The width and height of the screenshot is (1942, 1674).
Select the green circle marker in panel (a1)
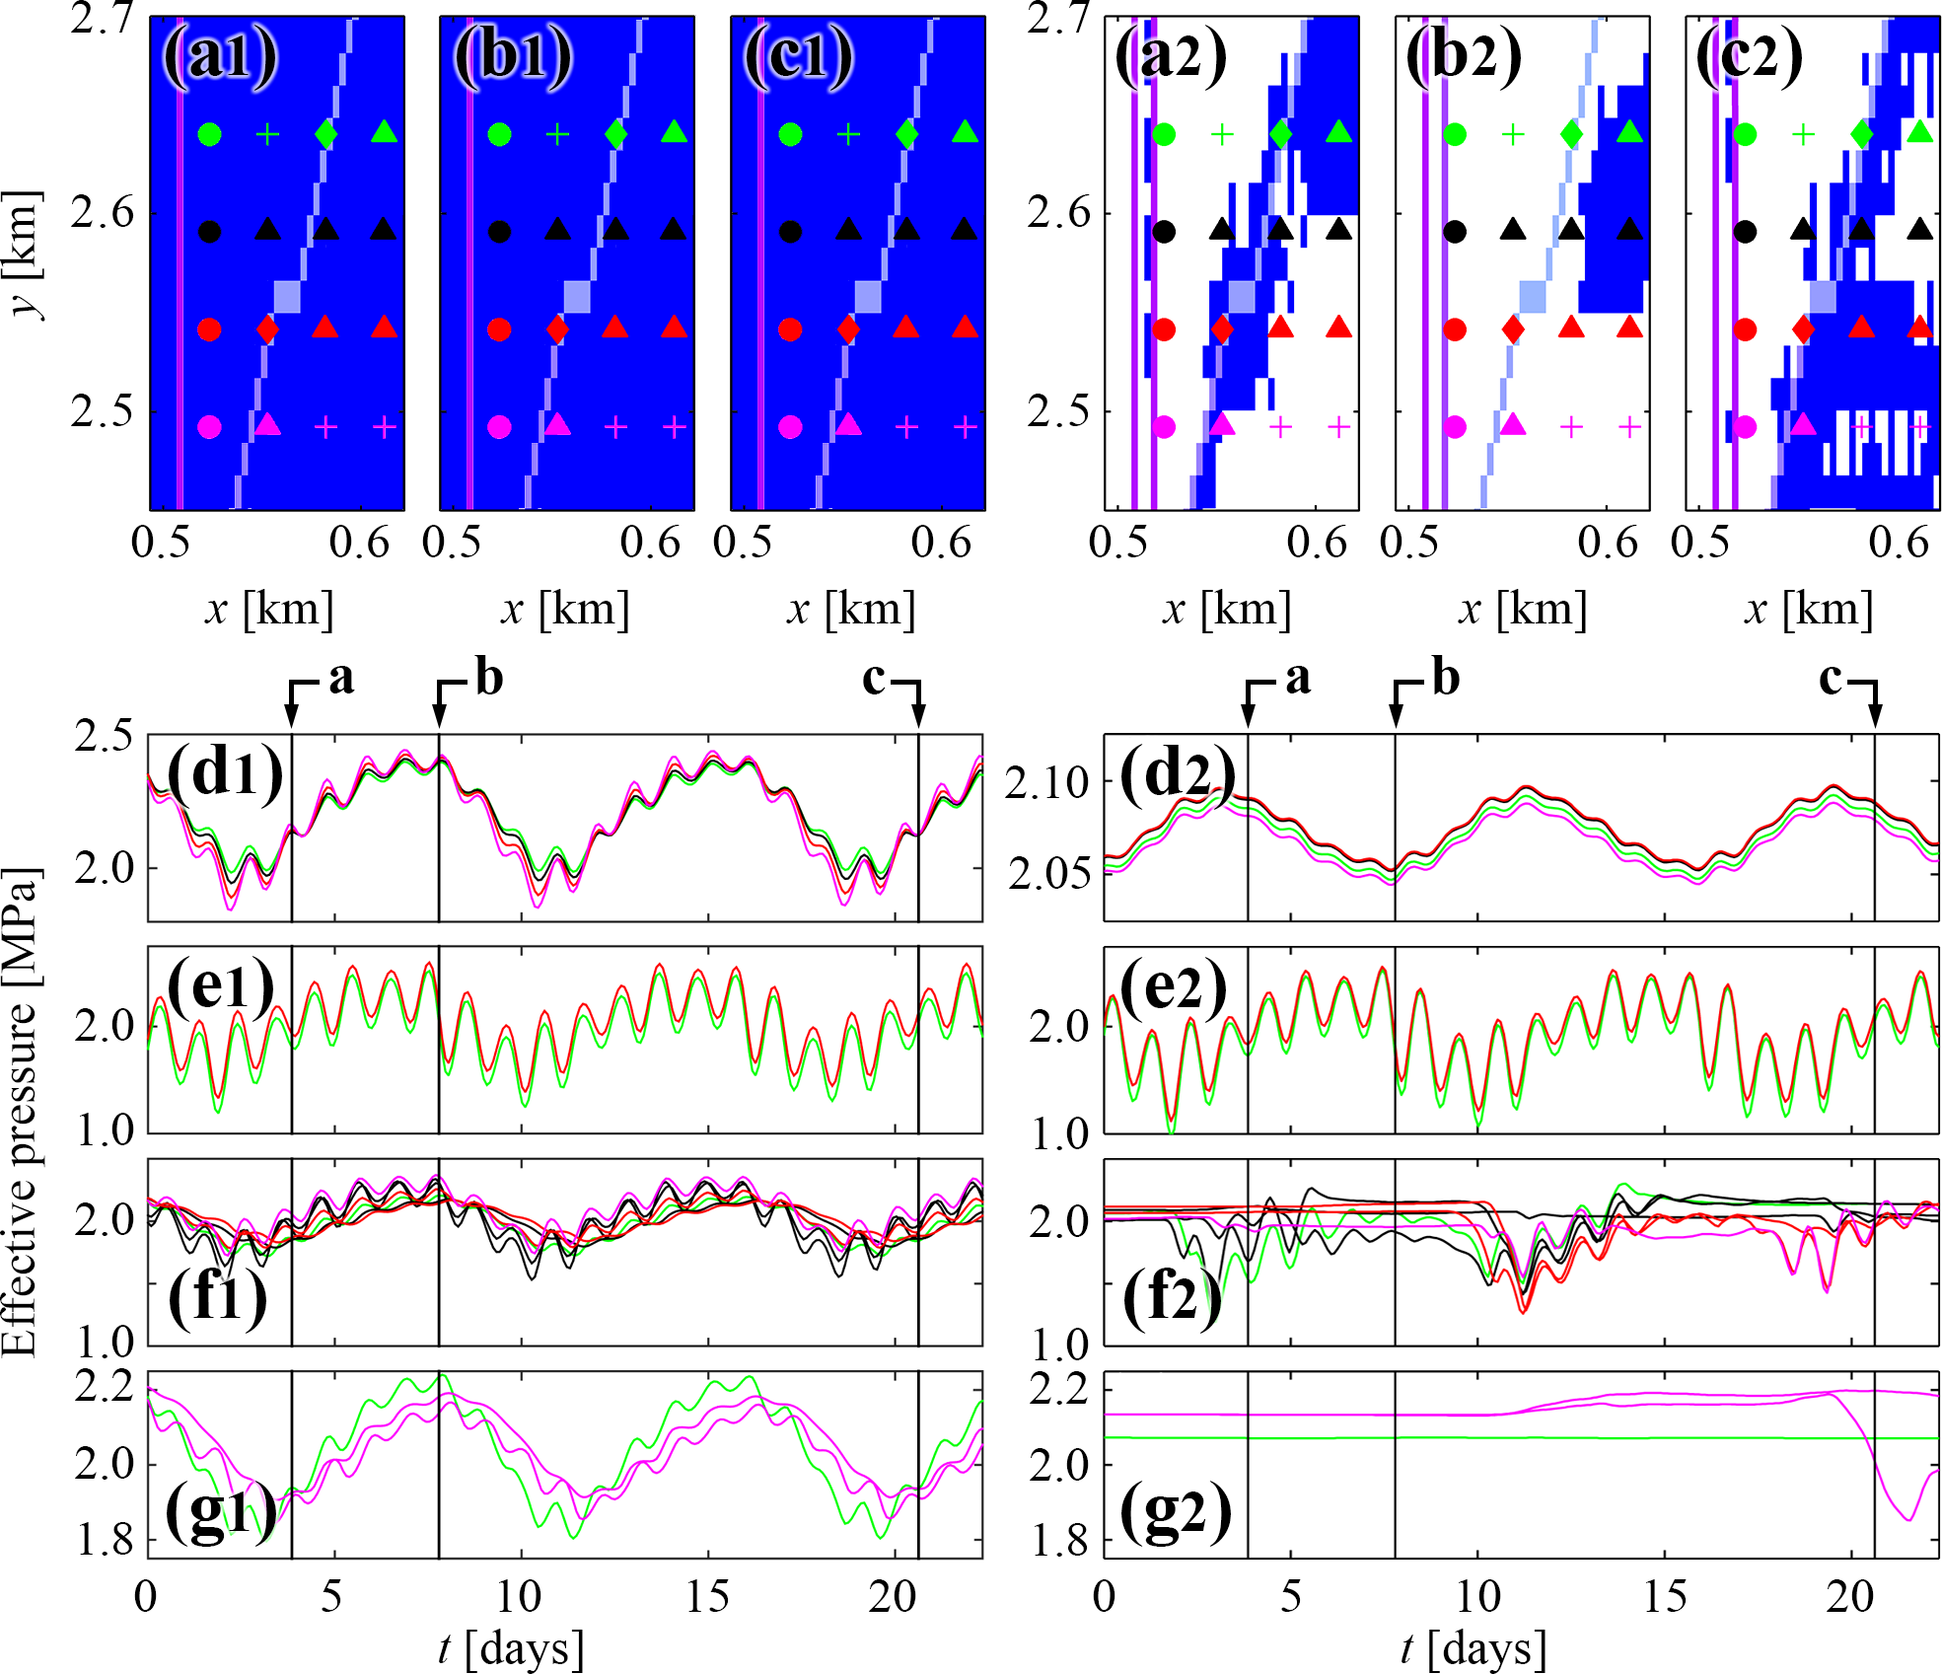tap(209, 134)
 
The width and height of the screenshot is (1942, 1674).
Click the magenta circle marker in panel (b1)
tap(499, 427)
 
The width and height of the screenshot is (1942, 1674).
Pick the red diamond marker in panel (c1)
tap(848, 328)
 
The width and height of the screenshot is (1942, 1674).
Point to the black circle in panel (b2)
tap(1455, 232)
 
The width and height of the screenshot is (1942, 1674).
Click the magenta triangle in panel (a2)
tap(1222, 424)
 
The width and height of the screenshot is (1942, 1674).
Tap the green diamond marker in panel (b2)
tap(1571, 133)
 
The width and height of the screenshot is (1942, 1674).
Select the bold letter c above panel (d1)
tap(874, 679)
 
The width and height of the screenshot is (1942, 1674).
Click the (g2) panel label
tap(1176, 1512)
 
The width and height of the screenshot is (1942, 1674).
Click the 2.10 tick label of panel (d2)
tap(1046, 783)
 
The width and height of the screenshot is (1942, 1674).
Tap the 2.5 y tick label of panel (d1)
tap(105, 736)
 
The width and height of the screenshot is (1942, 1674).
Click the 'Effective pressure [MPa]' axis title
tap(21, 1112)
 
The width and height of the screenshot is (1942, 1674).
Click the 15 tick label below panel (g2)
tap(1665, 1596)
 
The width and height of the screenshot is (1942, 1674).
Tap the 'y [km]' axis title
tap(24, 255)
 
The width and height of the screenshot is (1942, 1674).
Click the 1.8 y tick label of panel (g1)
tap(105, 1541)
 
